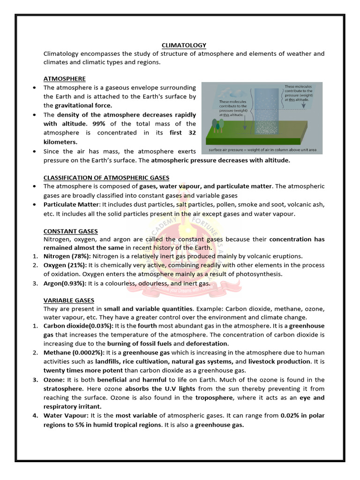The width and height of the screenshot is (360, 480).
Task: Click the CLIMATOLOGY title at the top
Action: tap(184, 45)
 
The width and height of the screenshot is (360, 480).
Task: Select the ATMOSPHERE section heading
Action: tap(65, 79)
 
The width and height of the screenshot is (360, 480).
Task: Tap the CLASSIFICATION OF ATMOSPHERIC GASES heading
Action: tap(106, 178)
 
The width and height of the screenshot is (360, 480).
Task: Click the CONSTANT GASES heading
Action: tap(71, 231)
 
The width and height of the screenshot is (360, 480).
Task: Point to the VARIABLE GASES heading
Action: tap(69, 300)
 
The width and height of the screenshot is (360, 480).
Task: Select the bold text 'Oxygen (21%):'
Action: tap(65, 265)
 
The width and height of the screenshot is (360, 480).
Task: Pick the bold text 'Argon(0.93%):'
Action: tap(65, 283)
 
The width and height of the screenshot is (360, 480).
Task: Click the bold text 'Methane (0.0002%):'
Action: tap(74, 353)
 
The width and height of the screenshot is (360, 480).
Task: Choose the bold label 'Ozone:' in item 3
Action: tap(55, 380)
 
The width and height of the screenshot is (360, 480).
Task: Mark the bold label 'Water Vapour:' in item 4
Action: tap(65, 416)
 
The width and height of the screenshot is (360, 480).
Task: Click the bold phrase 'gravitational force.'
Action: tap(84, 105)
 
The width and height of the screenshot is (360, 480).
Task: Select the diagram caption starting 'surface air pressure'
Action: tap(262, 150)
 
